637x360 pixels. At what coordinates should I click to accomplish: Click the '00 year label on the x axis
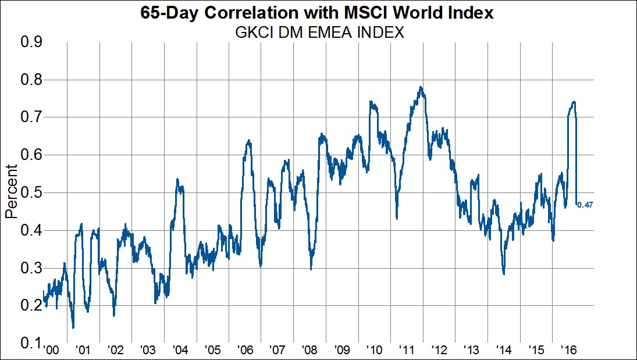pyautogui.click(x=51, y=351)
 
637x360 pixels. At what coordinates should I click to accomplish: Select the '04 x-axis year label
pyautogui.click(x=180, y=351)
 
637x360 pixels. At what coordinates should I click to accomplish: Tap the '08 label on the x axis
pyautogui.click(x=310, y=351)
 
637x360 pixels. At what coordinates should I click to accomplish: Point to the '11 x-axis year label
pyautogui.click(x=407, y=351)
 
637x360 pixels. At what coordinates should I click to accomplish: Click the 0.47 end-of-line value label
pyautogui.click(x=585, y=204)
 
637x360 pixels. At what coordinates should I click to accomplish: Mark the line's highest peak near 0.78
pyautogui.click(x=420, y=87)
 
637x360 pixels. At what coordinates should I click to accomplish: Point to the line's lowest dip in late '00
pyautogui.click(x=73, y=328)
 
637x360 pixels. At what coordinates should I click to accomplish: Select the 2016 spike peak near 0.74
pyautogui.click(x=574, y=102)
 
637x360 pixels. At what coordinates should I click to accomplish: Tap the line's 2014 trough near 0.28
pyautogui.click(x=504, y=274)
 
